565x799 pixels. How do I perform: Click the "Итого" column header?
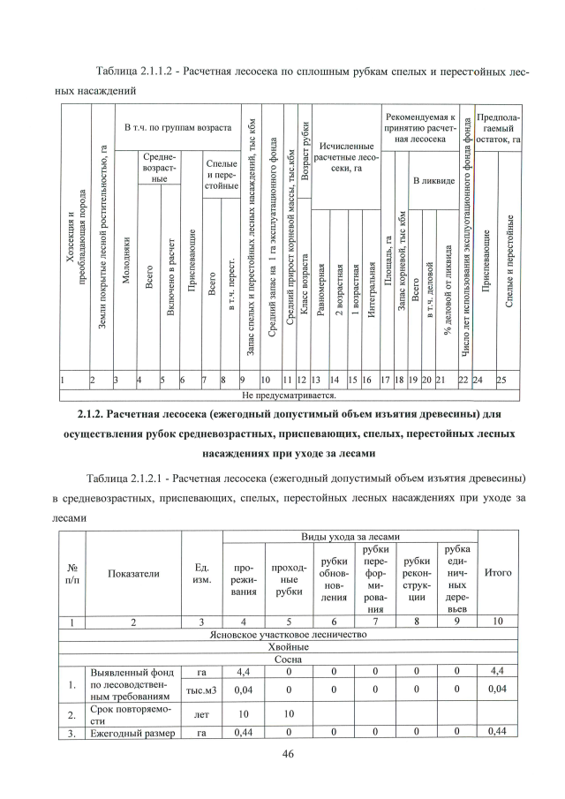pos(499,572)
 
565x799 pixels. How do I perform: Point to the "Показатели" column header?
pos(133,573)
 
